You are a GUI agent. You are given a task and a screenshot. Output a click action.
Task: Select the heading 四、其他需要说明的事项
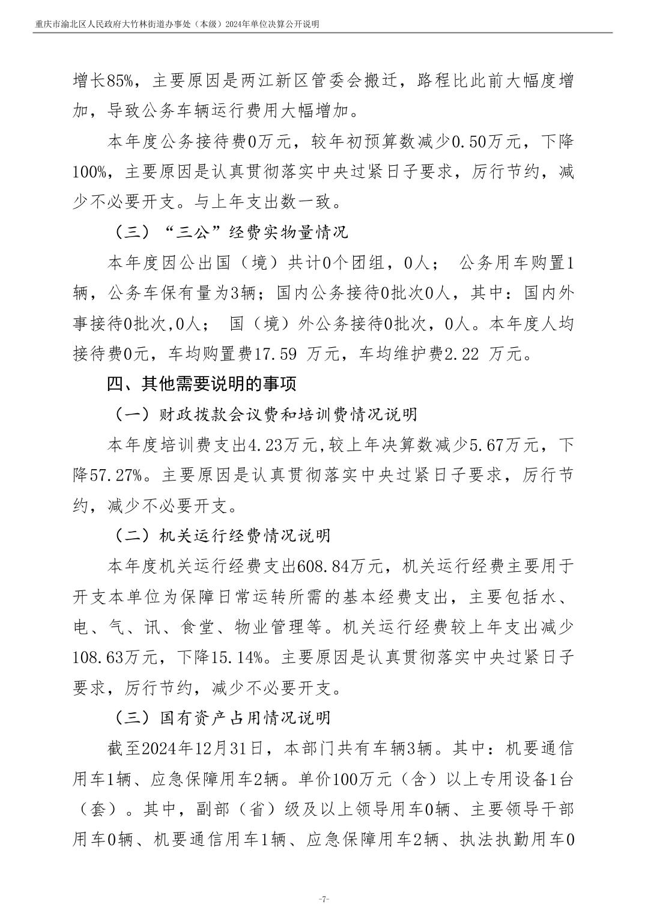(202, 383)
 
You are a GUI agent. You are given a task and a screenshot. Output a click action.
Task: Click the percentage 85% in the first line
(122, 80)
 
